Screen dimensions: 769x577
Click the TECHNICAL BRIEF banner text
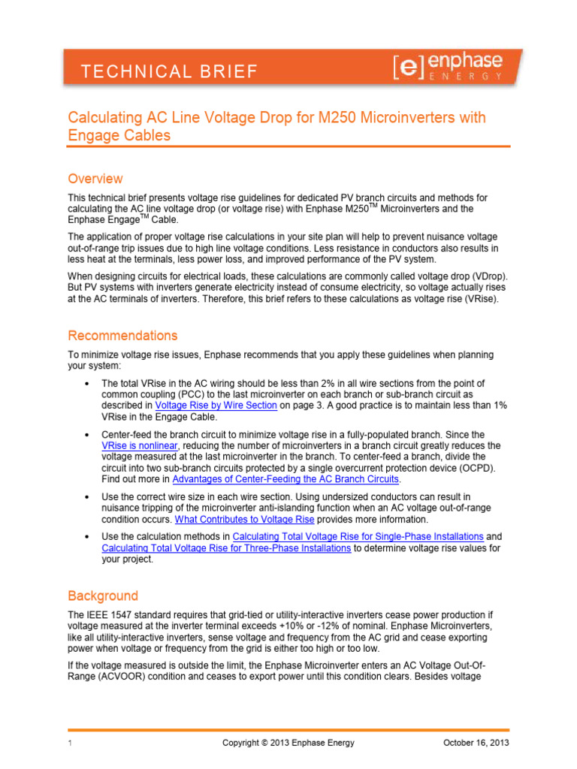tap(169, 72)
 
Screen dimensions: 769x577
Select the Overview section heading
tap(95, 179)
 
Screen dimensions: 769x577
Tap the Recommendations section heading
tap(122, 335)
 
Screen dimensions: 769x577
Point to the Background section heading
tap(103, 596)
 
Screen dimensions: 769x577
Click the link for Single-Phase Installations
tap(358, 537)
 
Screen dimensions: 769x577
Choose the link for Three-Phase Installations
tap(226, 548)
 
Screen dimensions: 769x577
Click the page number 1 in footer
tap(69, 743)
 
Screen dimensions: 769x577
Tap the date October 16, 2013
tap(476, 743)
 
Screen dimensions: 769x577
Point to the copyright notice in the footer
tap(288, 743)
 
